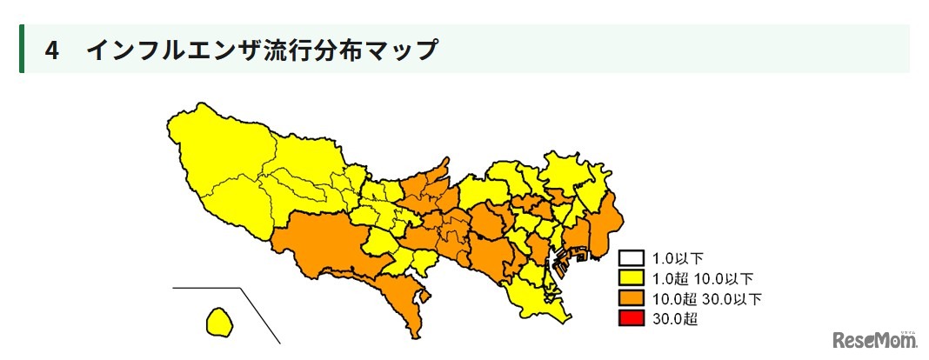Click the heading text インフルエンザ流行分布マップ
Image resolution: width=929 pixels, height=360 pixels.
[261, 50]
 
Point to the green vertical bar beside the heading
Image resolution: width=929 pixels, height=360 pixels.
[22, 49]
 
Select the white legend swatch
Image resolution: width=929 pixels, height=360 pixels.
[631, 258]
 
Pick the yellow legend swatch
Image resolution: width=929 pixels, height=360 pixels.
[631, 278]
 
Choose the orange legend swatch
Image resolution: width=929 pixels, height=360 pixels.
[631, 299]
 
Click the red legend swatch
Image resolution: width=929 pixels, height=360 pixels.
[631, 319]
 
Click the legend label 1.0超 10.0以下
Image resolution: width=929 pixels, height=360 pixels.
[702, 278]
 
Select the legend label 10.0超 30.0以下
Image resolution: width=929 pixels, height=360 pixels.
[706, 299]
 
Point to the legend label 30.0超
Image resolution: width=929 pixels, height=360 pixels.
[675, 319]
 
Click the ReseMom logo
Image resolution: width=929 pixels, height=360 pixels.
[873, 341]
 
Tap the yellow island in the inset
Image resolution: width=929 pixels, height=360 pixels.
[219, 320]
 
